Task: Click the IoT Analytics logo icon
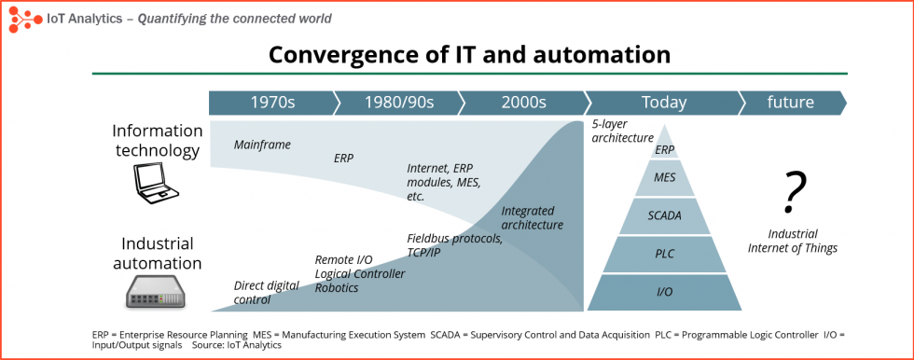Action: (23, 18)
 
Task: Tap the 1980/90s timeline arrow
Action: (397, 103)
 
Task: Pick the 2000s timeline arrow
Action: (523, 103)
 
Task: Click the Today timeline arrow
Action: (663, 103)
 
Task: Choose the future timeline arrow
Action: (791, 103)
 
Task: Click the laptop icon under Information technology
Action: (155, 185)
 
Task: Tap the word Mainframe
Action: (262, 145)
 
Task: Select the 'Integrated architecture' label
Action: (532, 217)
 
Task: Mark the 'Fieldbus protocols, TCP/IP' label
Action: (454, 245)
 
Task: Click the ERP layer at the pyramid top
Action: (664, 149)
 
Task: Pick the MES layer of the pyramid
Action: (664, 177)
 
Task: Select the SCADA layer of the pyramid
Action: (664, 215)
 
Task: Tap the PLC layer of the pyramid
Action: (664, 254)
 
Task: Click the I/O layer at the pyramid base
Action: (664, 292)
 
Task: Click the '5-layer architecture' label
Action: (622, 132)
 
